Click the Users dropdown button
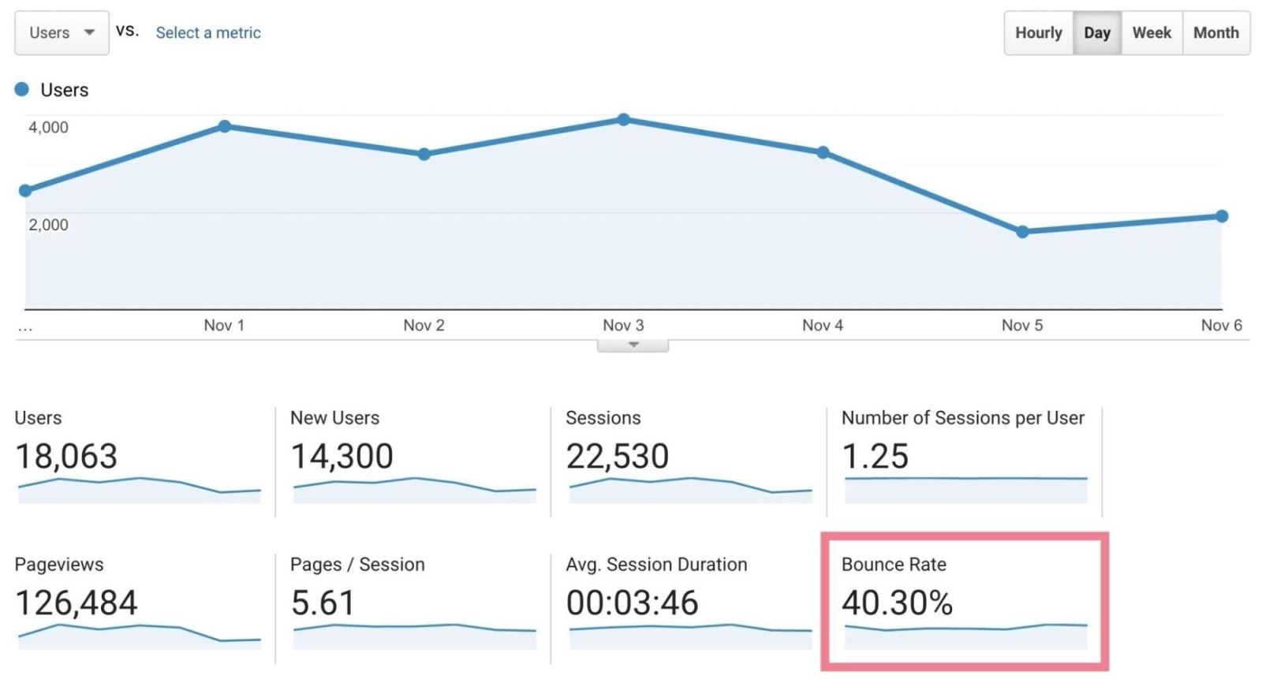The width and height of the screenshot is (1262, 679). (x=62, y=33)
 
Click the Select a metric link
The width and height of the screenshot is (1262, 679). (x=208, y=33)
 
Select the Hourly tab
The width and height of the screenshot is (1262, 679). (x=1038, y=33)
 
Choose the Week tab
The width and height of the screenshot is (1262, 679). (x=1152, y=33)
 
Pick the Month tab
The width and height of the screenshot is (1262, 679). (x=1215, y=33)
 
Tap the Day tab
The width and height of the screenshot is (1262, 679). (x=1096, y=33)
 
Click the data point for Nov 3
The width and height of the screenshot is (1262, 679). (x=623, y=120)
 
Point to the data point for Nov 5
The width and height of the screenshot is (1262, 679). (x=1022, y=232)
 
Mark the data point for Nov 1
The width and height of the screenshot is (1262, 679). (x=225, y=126)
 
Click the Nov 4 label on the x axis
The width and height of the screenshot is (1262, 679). (x=823, y=325)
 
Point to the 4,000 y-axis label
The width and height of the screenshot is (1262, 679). (x=49, y=127)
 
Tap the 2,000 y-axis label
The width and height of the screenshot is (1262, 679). (x=49, y=225)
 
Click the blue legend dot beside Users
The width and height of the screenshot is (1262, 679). (x=22, y=89)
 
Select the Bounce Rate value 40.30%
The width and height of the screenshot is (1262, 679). (x=897, y=603)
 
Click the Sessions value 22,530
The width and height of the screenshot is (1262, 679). (x=617, y=457)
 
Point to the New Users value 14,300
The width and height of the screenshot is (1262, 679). (x=342, y=457)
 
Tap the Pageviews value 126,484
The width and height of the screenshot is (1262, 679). (x=77, y=603)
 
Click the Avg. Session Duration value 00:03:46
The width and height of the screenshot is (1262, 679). (x=632, y=603)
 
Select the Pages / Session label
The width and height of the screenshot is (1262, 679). (x=357, y=565)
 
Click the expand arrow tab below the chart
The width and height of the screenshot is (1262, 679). (x=633, y=345)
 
